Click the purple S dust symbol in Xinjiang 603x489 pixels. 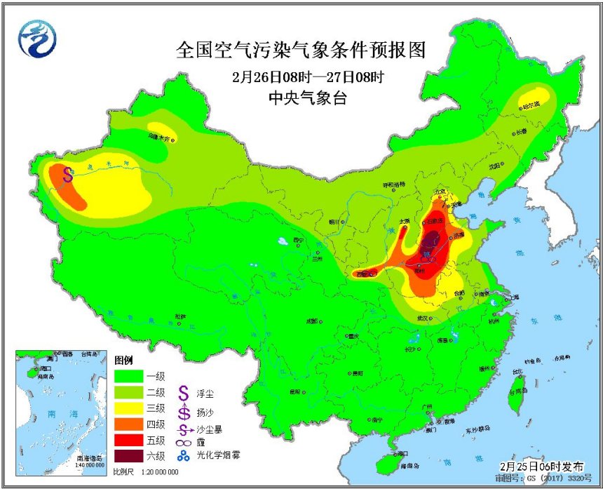click(69, 173)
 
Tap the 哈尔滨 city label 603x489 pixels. click(531, 105)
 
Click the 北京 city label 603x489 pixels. click(440, 191)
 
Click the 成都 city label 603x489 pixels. click(311, 321)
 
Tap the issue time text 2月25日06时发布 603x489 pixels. click(541, 466)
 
